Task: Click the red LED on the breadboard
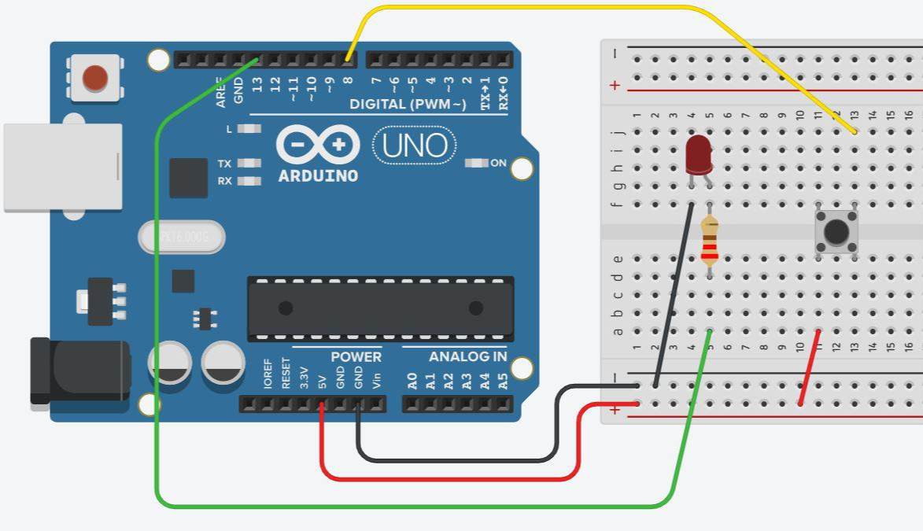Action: click(x=698, y=154)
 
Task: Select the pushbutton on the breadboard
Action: click(x=836, y=231)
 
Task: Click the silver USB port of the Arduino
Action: click(x=63, y=167)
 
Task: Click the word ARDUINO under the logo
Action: click(x=318, y=175)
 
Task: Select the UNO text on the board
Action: click(x=415, y=146)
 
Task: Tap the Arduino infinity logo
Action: click(x=318, y=145)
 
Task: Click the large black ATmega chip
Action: click(x=381, y=308)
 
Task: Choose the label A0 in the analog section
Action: click(x=412, y=382)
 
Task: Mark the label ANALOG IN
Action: click(x=467, y=356)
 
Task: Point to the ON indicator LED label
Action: click(x=498, y=163)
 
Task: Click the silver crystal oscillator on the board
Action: click(x=181, y=237)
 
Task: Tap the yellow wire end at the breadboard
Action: click(x=855, y=131)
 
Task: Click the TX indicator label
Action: click(x=224, y=164)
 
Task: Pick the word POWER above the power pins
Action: click(x=356, y=356)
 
